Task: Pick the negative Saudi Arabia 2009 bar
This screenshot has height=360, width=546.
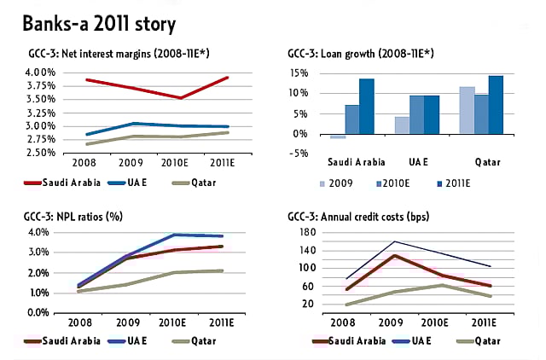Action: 339,136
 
